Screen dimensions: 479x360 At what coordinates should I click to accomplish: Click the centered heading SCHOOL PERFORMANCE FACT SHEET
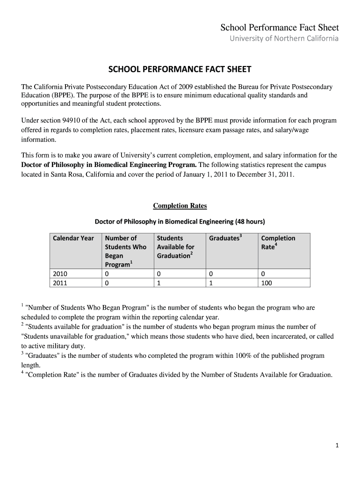pos(180,70)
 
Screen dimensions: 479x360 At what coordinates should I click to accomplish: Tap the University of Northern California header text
pos(283,38)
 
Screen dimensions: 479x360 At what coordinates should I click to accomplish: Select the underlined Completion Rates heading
pos(180,206)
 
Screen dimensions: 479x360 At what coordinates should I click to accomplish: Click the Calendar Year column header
pos(73,238)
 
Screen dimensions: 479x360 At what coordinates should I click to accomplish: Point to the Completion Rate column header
pos(278,242)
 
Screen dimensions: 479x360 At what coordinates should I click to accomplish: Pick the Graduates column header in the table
pos(225,238)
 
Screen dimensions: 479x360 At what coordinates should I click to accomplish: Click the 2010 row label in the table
pos(60,274)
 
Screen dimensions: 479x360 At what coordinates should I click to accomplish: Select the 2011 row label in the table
pos(60,283)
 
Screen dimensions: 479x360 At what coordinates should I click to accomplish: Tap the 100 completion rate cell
pos(266,283)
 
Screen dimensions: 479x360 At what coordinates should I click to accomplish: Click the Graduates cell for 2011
pos(211,283)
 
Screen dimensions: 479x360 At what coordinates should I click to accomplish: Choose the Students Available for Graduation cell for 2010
pos(159,274)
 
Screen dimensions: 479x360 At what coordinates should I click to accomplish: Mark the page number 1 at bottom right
pos(337,446)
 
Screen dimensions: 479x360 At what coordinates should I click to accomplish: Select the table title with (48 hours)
pos(180,221)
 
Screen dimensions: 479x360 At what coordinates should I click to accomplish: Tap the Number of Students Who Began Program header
pos(125,251)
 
